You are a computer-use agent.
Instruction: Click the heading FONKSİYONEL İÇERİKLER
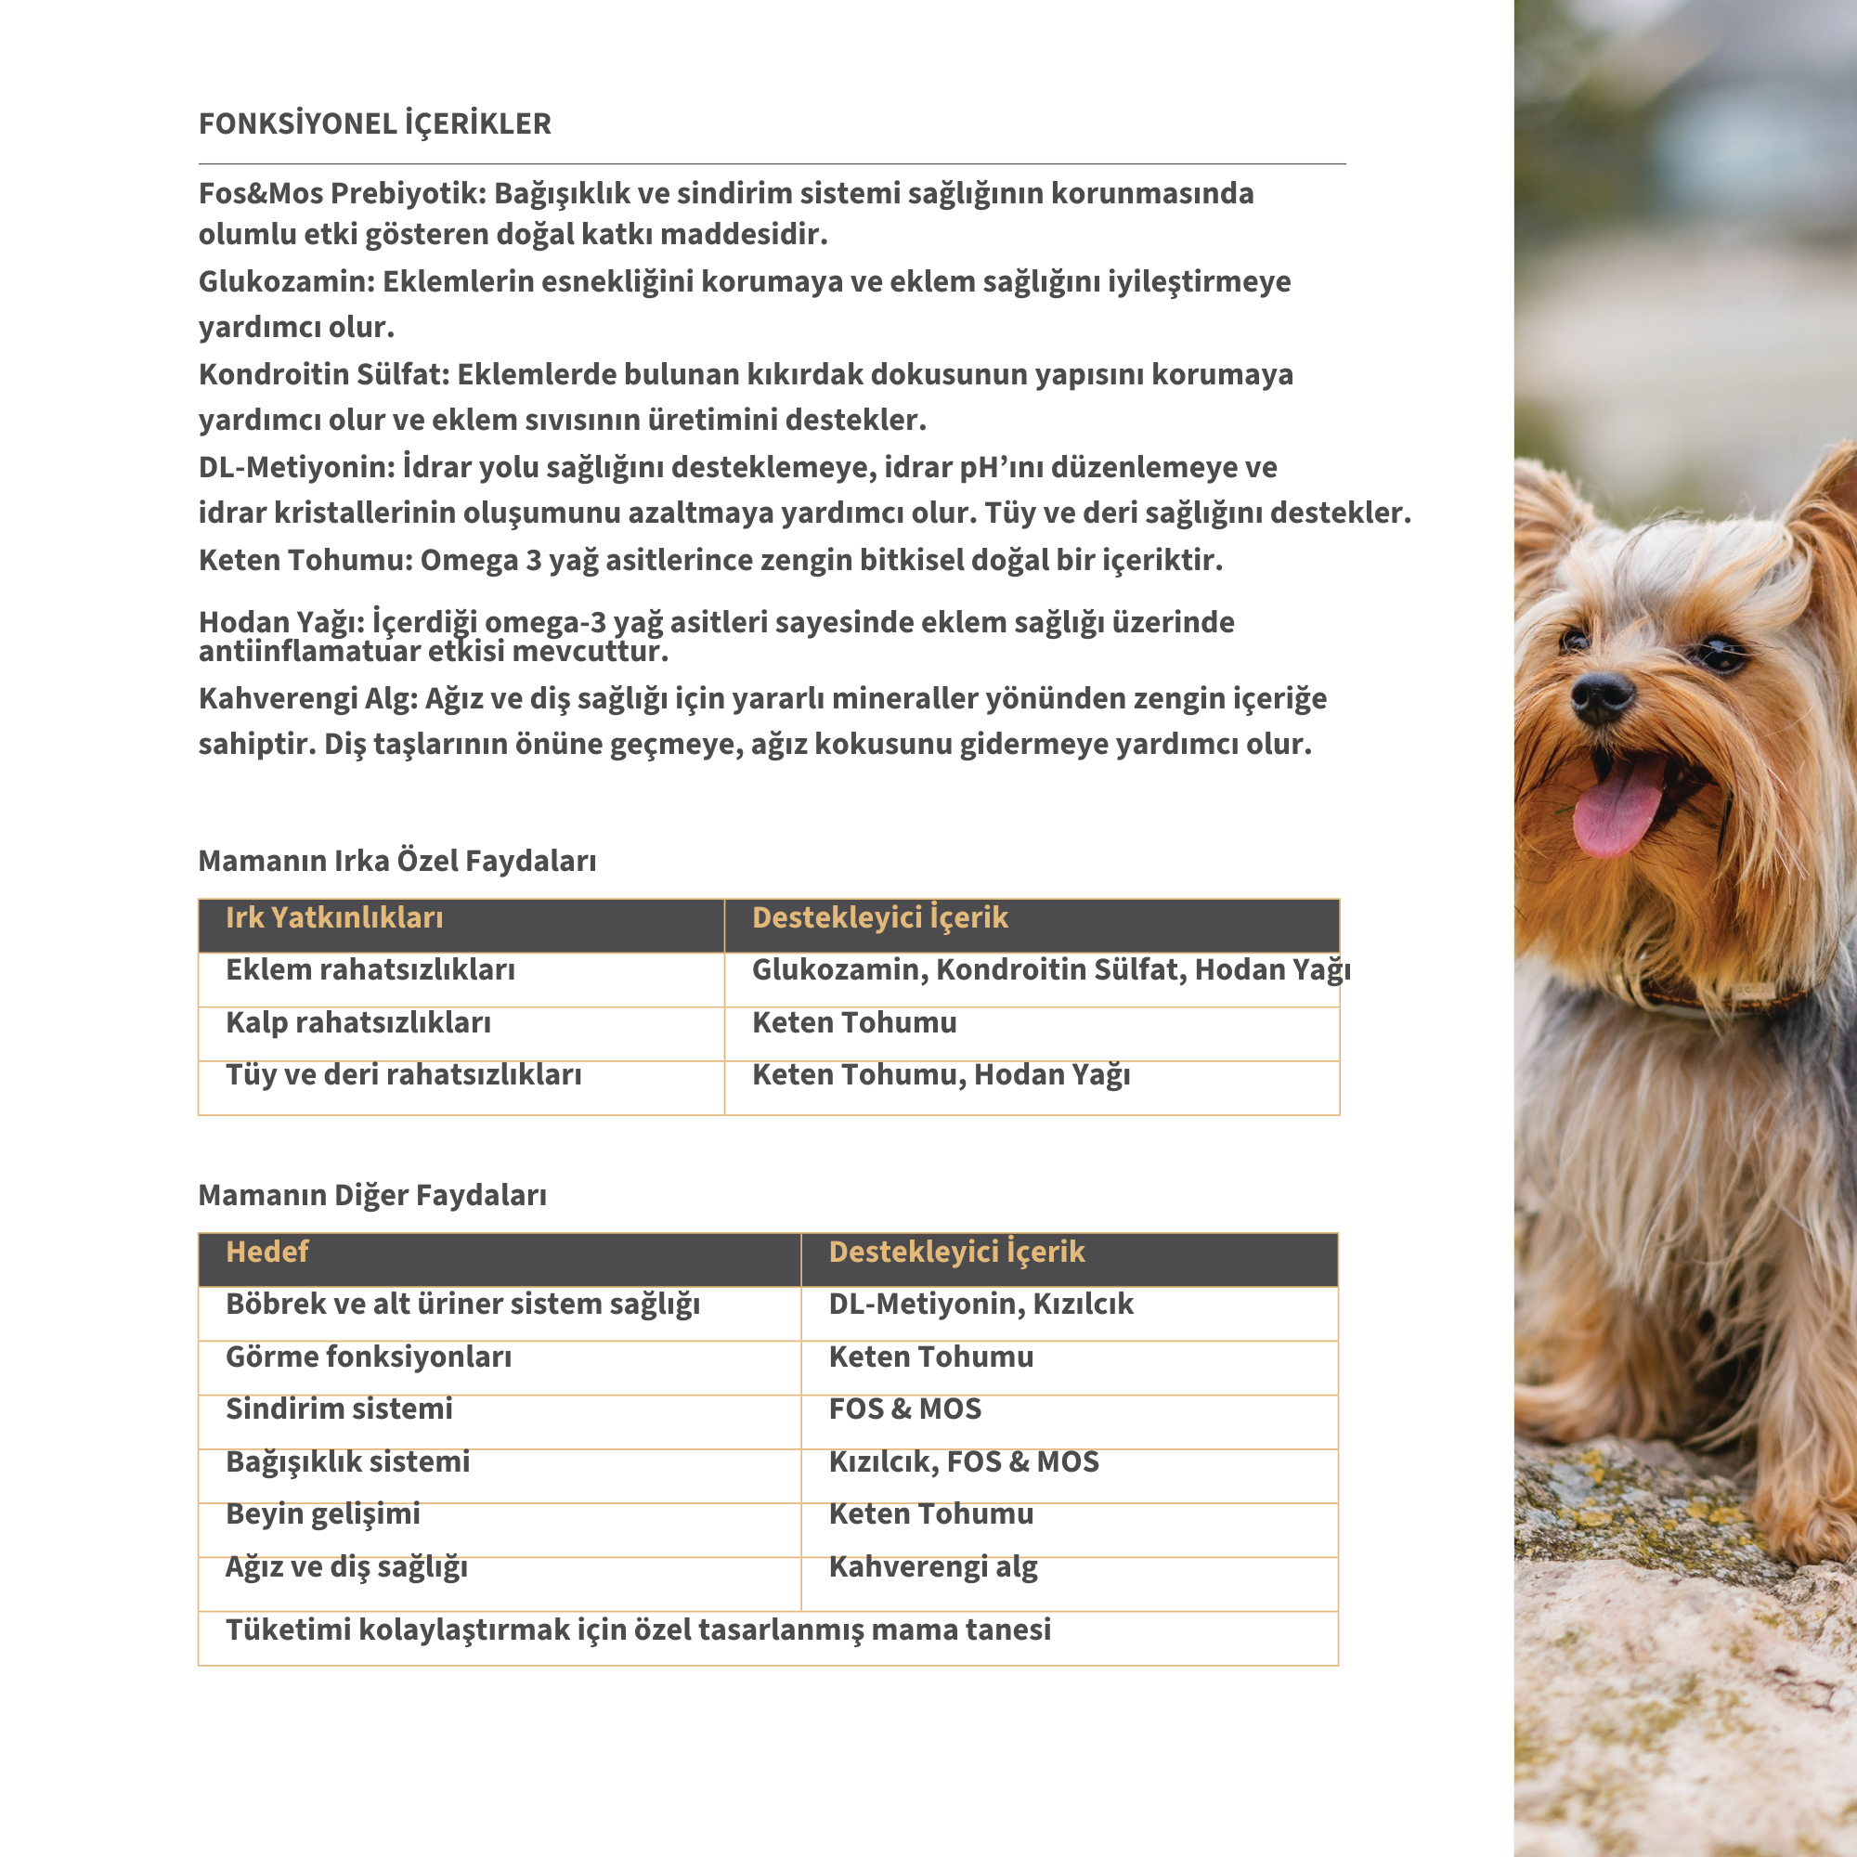tap(375, 124)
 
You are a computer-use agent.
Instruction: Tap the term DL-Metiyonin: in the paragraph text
tap(296, 467)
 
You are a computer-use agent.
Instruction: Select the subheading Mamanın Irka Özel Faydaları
tap(397, 861)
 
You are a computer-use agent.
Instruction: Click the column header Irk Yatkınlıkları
tap(334, 918)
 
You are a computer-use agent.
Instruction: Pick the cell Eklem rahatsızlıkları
tap(370, 970)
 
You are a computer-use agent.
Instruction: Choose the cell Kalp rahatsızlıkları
tap(357, 1022)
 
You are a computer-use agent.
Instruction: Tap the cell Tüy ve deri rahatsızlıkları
tap(404, 1074)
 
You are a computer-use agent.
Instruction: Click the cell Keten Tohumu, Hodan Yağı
tap(941, 1074)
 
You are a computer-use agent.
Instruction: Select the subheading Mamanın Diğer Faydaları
tap(372, 1195)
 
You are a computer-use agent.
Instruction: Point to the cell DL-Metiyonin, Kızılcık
tap(981, 1305)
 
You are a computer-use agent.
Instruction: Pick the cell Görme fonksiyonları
tap(368, 1357)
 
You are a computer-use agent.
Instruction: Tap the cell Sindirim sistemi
tap(338, 1409)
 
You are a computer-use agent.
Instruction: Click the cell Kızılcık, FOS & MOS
tap(964, 1462)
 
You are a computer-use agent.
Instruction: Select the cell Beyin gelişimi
tap(323, 1513)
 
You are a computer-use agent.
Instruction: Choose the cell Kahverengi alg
tap(933, 1566)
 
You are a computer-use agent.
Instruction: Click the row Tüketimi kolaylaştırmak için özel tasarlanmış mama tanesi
tap(638, 1630)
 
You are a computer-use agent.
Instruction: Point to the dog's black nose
tap(1602, 693)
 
